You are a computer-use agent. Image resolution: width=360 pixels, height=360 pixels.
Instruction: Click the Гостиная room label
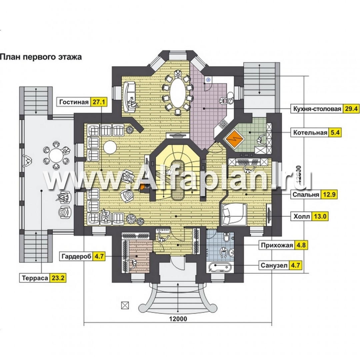(74, 102)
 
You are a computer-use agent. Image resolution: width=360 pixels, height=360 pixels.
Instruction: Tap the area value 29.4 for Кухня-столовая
(351, 109)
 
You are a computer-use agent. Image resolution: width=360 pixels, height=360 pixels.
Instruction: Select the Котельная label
(310, 133)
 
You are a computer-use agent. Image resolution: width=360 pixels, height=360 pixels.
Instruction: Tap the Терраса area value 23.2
(58, 278)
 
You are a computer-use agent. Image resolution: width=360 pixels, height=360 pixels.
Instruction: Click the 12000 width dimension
(178, 319)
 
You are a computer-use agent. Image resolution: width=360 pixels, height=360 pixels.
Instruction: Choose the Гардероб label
(76, 256)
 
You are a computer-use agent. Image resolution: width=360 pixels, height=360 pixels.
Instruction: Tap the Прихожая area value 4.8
(301, 245)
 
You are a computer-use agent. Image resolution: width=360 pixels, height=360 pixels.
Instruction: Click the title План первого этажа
(41, 57)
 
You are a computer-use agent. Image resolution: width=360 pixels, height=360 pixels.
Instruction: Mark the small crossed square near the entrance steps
(125, 305)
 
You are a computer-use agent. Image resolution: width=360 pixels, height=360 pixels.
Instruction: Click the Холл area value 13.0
(320, 216)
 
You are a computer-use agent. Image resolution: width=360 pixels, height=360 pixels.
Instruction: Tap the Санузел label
(274, 265)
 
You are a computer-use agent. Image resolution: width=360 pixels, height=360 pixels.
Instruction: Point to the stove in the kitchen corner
(223, 124)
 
